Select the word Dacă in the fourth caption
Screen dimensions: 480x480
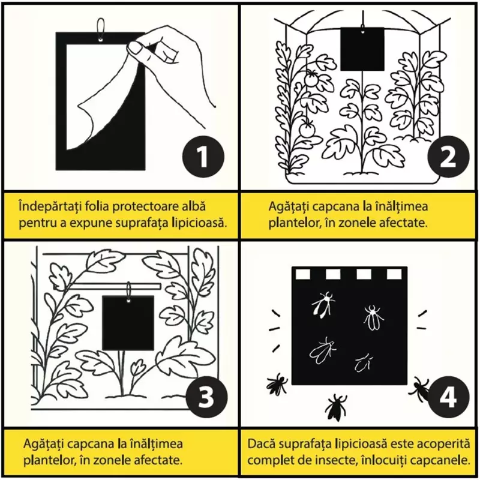[x=262, y=445]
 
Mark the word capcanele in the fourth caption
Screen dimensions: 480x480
[x=440, y=461]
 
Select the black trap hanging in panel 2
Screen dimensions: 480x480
[x=362, y=49]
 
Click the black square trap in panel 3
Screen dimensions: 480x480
[x=127, y=322]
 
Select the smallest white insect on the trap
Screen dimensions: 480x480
[x=362, y=362]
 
